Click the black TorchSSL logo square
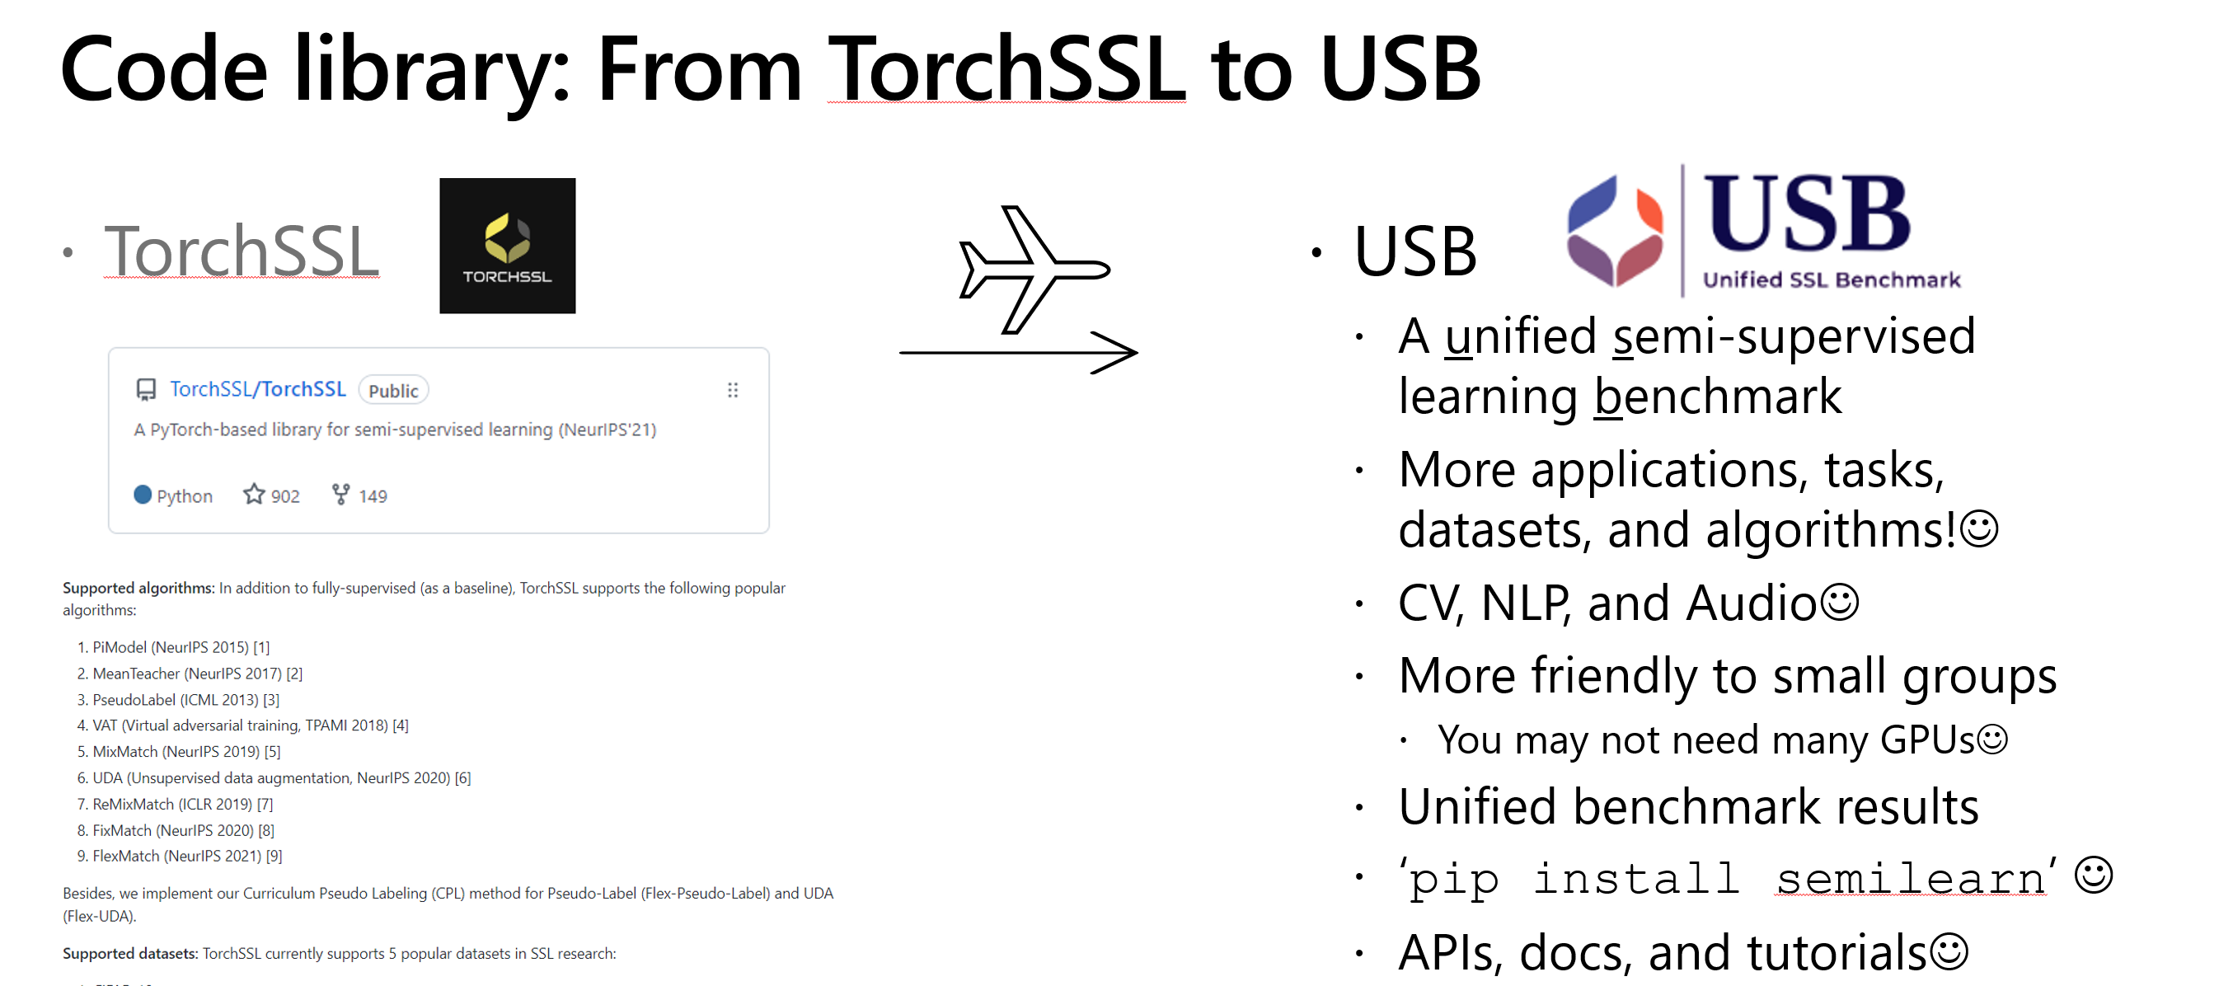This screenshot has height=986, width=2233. tap(507, 246)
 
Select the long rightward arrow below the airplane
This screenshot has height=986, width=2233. tap(1019, 352)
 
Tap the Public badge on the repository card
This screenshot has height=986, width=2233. tap(393, 390)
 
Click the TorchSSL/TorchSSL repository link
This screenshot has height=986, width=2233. tap(257, 389)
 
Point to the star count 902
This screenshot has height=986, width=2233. tap(285, 496)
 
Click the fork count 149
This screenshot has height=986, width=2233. tap(373, 496)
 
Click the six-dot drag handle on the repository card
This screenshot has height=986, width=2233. tap(733, 390)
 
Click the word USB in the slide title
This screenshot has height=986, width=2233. tap(1400, 69)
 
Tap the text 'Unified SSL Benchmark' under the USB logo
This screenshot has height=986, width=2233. tap(1832, 279)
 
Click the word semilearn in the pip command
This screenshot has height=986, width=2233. tap(1911, 880)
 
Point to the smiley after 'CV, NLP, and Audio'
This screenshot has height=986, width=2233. tap(1840, 602)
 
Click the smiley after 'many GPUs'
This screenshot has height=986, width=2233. tap(1991, 739)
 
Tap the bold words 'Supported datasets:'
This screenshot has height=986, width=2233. tap(130, 953)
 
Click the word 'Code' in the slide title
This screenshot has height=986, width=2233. tap(164, 69)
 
